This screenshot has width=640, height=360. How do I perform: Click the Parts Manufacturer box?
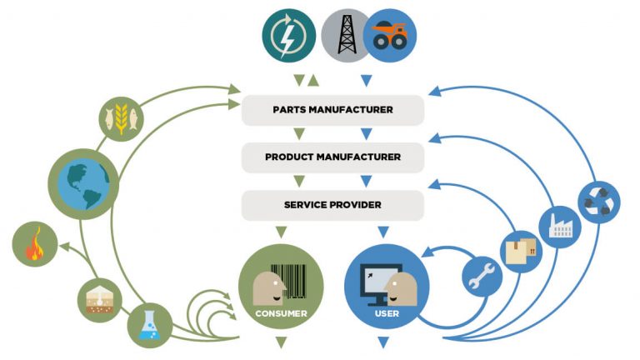[332, 109]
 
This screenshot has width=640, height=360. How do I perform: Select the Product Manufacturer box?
[332, 157]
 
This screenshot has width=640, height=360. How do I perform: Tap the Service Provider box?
[332, 203]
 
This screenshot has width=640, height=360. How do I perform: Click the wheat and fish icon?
[117, 118]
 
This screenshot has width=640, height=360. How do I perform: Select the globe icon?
[82, 184]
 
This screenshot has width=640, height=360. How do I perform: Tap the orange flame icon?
[35, 246]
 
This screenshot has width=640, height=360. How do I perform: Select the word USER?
[385, 314]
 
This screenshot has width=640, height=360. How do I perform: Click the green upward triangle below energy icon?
[313, 81]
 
